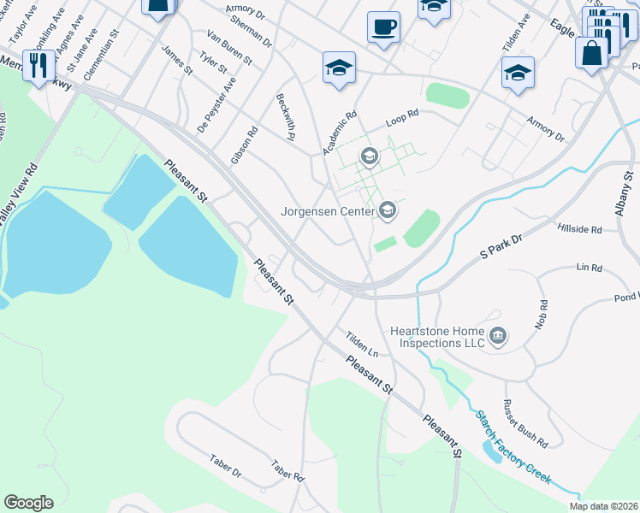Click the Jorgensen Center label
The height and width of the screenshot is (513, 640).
coord(328,210)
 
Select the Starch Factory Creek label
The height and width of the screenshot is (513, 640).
coord(513,445)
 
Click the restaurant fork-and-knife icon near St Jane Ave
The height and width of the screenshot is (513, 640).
coord(39,65)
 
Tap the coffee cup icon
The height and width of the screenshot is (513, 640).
coord(384,27)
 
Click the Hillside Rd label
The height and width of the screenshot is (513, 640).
coord(579,229)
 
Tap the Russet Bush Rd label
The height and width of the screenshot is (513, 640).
coord(525,423)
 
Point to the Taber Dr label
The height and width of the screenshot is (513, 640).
coord(226,467)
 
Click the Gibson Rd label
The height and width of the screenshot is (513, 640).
coord(244,146)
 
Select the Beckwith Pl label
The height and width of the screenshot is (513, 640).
coord(286,116)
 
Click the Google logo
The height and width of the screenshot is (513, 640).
coord(28,503)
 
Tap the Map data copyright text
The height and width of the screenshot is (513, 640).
coord(604,506)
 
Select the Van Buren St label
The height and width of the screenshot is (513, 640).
coord(229,48)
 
